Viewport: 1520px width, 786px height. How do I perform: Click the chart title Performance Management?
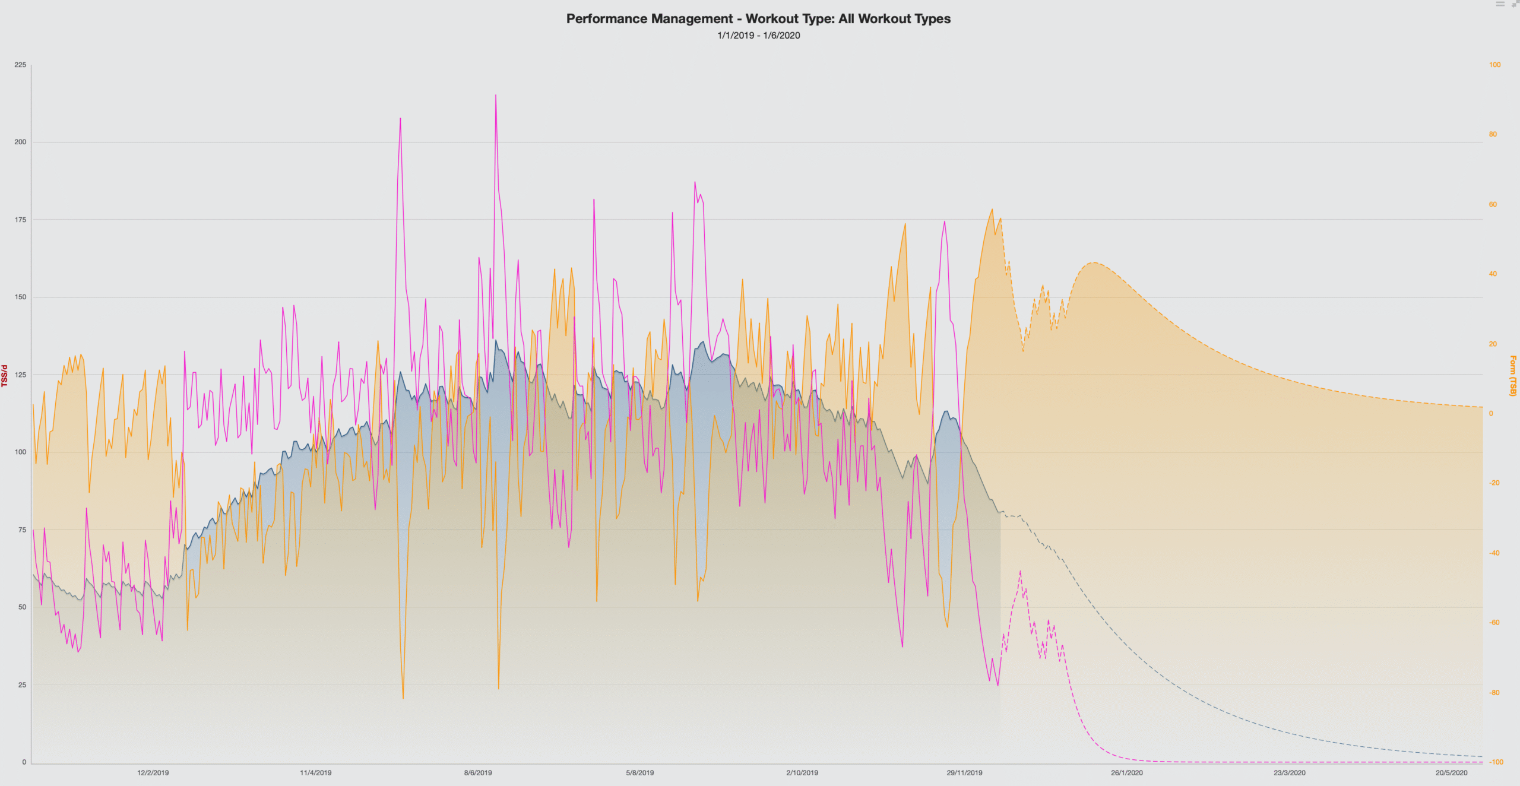point(758,19)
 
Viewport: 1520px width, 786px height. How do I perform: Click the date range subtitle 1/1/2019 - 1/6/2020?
point(758,36)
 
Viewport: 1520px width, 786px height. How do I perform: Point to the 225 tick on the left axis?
point(21,65)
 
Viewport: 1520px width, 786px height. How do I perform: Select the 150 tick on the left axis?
point(21,297)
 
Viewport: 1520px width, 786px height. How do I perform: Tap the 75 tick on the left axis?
point(23,530)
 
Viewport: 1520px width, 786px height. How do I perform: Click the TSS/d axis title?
point(5,376)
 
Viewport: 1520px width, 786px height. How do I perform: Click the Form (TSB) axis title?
point(1513,376)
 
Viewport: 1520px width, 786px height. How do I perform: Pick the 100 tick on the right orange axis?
point(1494,65)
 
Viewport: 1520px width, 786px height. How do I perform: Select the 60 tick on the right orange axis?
point(1493,204)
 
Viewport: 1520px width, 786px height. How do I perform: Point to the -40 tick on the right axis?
point(1494,553)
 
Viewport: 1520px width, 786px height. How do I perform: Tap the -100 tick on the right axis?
point(1496,762)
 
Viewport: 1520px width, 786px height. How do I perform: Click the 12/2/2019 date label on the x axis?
point(153,772)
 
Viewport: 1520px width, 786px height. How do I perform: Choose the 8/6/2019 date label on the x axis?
point(478,772)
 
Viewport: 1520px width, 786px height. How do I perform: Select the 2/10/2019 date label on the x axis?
point(802,772)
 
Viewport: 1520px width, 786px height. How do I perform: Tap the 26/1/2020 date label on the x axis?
point(1127,772)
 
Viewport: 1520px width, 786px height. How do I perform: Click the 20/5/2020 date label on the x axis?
point(1451,772)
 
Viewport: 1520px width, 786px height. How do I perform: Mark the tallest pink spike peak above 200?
point(496,95)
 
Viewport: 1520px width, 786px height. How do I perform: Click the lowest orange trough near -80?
point(403,698)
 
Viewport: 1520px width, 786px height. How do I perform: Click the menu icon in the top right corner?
point(1500,4)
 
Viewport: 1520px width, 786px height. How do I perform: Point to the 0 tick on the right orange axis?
point(1491,413)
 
